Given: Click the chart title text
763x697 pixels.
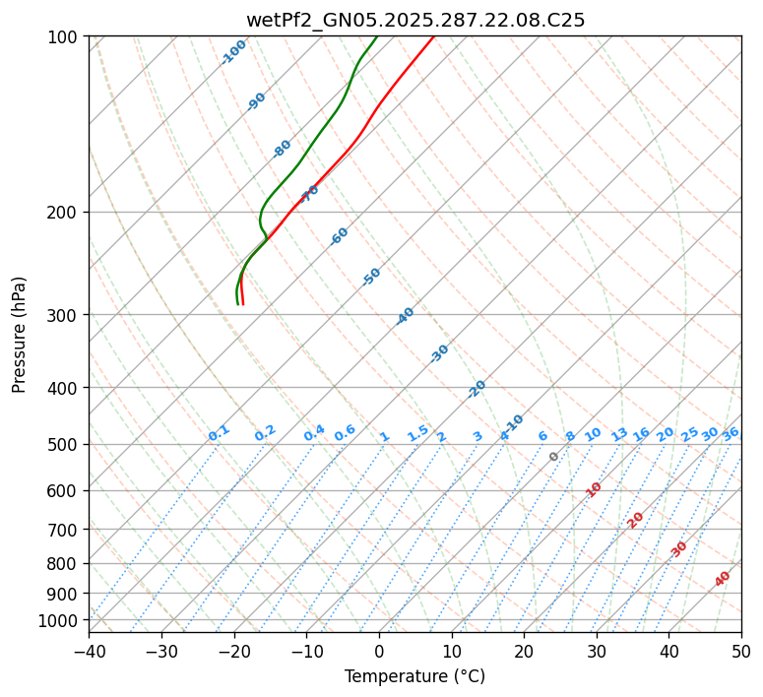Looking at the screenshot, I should tap(415, 20).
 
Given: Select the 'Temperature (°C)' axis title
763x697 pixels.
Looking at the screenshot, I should tap(414, 676).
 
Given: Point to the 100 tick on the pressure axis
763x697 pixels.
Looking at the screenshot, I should tap(65, 37).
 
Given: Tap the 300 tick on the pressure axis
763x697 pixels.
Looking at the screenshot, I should tap(65, 315).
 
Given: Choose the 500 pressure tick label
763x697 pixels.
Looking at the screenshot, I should tap(65, 444).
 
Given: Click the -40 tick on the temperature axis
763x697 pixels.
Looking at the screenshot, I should tap(89, 651).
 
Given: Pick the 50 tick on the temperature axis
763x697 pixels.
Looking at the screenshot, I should tap(741, 651).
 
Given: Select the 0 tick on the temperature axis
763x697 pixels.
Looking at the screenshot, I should tap(379, 651).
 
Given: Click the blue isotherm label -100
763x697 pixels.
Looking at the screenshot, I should tap(234, 51).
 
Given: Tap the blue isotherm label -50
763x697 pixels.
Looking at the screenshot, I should tap(371, 277).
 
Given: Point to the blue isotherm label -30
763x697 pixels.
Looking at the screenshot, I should tap(440, 352).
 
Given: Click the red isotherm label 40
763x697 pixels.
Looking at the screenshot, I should tap(723, 579).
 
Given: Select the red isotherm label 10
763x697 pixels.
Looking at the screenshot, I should tap(594, 489).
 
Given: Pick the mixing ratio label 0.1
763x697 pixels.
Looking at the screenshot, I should tap(220, 432).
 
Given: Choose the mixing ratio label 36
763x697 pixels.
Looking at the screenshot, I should tap(731, 433).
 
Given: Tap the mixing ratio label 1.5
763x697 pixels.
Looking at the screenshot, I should tap(418, 432).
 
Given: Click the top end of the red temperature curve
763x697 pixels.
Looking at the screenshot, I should tap(433, 37).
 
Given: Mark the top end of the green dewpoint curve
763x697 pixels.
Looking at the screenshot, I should tap(377, 37).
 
